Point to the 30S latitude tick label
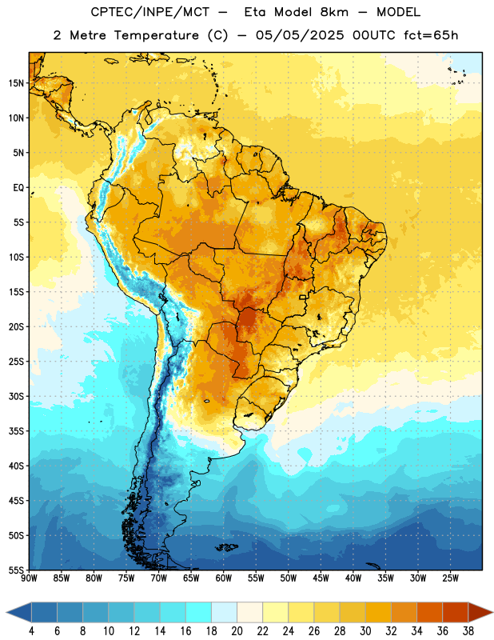click(x=16, y=396)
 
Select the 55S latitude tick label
click(x=16, y=570)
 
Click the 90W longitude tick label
click(x=29, y=578)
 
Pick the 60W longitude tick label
click(x=224, y=578)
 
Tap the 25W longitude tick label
click(x=450, y=578)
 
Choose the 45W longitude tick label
click(x=321, y=578)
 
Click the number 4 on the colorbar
click(x=31, y=631)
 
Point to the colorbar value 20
click(x=237, y=631)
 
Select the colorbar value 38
click(x=468, y=631)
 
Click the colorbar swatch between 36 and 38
click(x=456, y=612)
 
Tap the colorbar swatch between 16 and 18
click(x=199, y=612)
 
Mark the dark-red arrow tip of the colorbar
click(x=492, y=612)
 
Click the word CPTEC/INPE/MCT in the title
click(x=150, y=12)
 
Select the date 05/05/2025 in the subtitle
click(x=300, y=35)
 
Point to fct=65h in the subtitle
click(x=431, y=35)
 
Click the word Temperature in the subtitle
click(x=156, y=35)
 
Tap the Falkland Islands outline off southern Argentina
click(x=226, y=547)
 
